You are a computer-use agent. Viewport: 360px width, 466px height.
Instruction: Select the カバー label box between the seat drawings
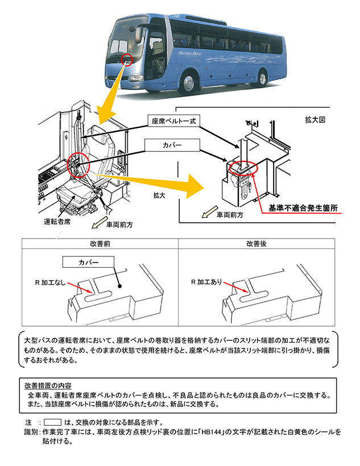172,145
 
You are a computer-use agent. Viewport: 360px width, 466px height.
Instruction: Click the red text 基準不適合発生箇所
303,209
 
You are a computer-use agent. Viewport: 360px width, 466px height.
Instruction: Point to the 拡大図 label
316,120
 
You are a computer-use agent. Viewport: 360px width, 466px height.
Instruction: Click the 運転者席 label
57,221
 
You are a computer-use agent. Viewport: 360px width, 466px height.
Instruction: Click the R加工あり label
206,281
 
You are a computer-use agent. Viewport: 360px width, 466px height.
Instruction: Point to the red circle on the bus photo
127,59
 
